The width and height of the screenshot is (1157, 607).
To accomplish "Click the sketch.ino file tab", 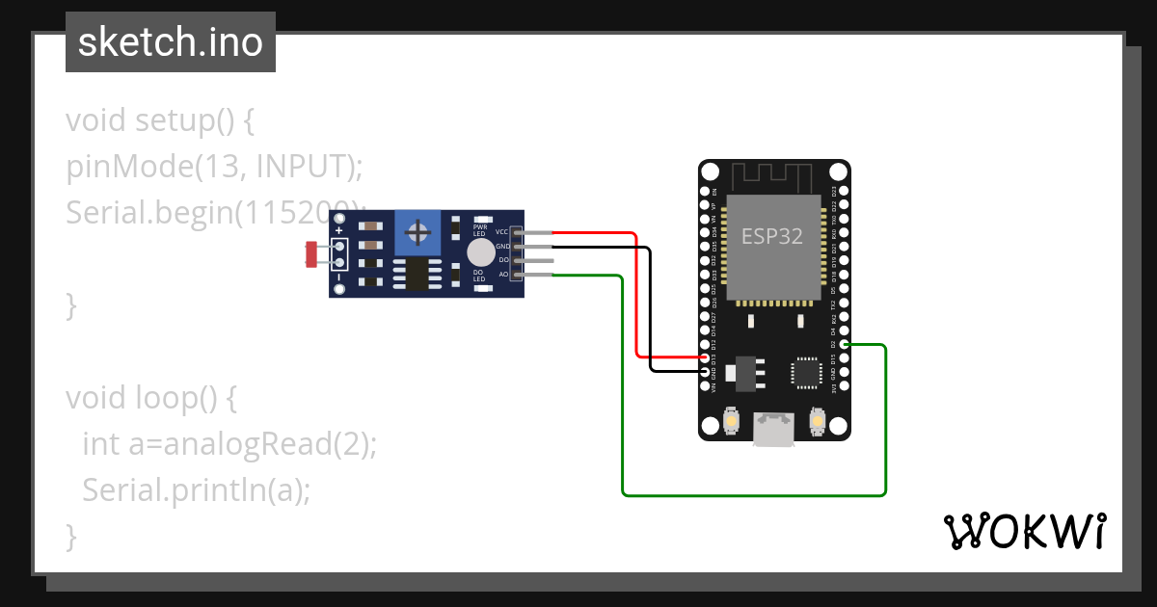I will click(x=171, y=42).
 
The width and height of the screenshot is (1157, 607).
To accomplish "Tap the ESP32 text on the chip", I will click(x=771, y=236).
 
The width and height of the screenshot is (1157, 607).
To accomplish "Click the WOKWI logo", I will click(x=1023, y=532).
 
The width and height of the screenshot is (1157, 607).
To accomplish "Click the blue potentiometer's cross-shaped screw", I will click(x=418, y=232).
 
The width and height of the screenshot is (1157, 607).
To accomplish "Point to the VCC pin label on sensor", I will click(x=501, y=232).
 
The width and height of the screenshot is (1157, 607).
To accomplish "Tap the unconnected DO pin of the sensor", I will click(x=535, y=260).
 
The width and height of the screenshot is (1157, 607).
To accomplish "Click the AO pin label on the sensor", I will click(x=503, y=275).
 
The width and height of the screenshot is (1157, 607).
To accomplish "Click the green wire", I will click(x=752, y=495).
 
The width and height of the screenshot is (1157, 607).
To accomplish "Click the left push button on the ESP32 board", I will click(x=732, y=422).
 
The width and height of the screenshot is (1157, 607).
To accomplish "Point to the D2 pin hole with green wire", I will click(x=845, y=345).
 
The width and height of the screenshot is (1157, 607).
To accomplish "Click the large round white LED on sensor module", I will click(x=480, y=252).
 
